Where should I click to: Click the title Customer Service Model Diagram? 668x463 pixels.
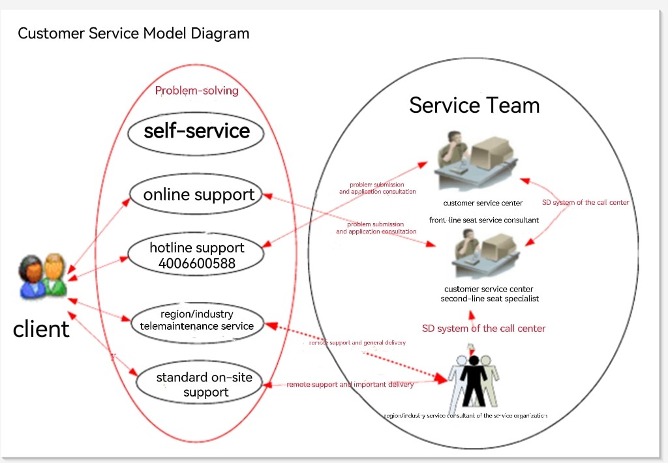click(133, 33)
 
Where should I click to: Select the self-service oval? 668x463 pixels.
click(196, 132)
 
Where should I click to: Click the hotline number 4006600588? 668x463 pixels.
click(197, 263)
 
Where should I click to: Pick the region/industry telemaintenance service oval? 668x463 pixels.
click(197, 320)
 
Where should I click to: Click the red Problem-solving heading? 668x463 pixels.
click(196, 91)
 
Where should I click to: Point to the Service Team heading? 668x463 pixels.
click(474, 105)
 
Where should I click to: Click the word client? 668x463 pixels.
click(41, 329)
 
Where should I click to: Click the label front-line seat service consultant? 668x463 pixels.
click(483, 220)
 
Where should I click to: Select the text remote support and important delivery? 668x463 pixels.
click(350, 385)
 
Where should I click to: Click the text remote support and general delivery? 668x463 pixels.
click(357, 342)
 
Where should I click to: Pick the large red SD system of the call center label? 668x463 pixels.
click(483, 328)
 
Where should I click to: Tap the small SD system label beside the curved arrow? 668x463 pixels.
click(585, 203)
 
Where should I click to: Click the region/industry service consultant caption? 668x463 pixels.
click(465, 415)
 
